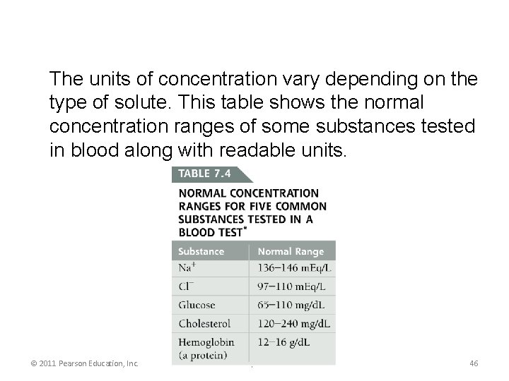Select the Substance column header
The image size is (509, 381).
click(201, 251)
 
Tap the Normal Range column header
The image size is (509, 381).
click(291, 251)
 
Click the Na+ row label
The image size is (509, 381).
click(188, 269)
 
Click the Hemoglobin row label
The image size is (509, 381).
click(206, 342)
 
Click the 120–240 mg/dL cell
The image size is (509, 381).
click(294, 324)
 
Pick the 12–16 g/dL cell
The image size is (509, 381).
click(286, 342)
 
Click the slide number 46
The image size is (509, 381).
click(474, 363)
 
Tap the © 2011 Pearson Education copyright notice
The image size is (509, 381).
click(84, 363)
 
